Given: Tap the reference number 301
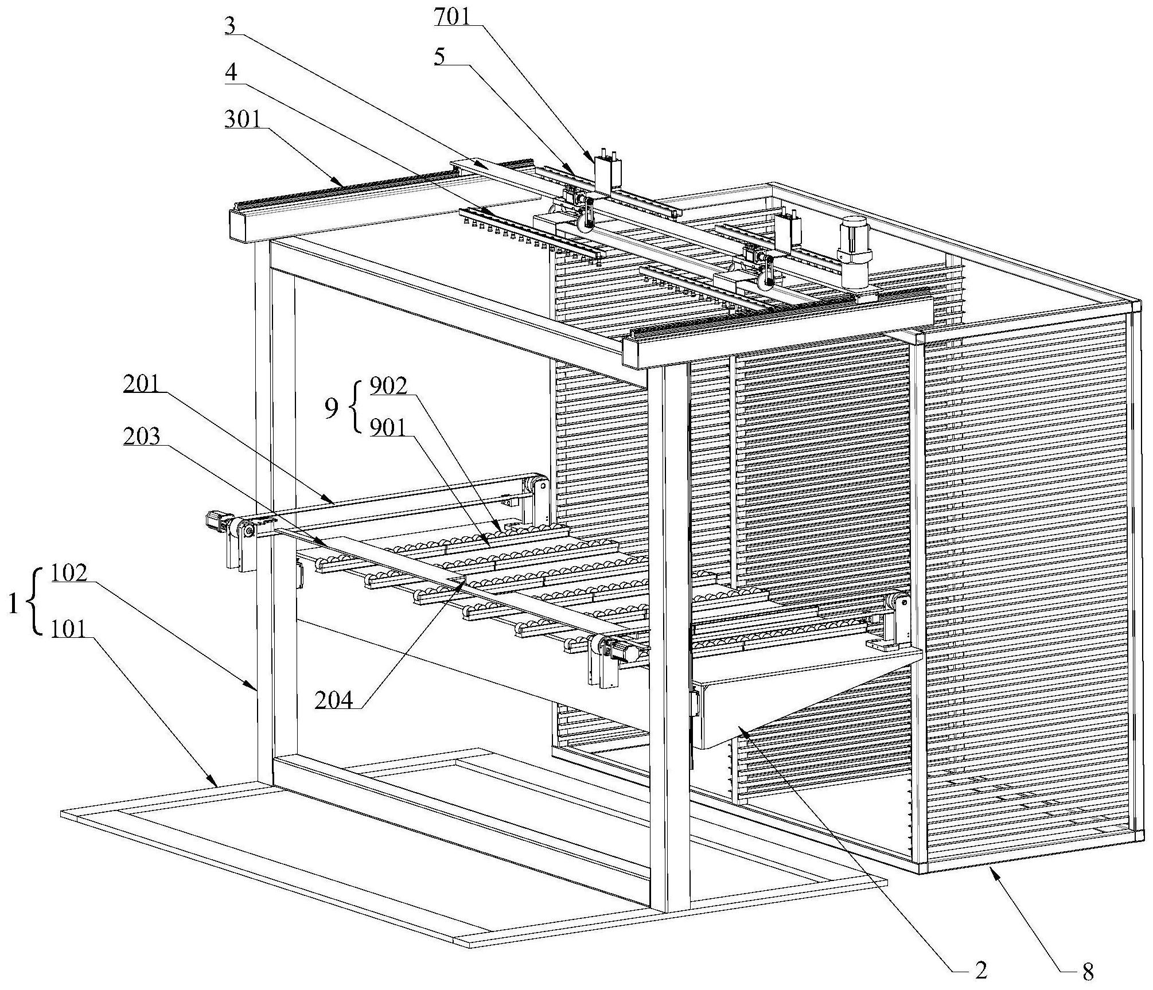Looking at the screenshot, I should coord(242,119).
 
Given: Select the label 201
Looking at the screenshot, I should coord(141,384).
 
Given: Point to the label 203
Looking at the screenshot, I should coord(141,436).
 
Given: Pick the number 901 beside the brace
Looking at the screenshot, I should coord(388,427).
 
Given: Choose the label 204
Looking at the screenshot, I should coord(334,700).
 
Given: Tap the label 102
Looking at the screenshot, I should coord(69,572).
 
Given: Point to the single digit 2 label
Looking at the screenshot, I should coord(981,970).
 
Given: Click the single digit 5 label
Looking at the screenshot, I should coord(440,59).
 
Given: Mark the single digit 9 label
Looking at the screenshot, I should coord(332,408).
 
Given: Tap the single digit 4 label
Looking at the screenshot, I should coord(231,73).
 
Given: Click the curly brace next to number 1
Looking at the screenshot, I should coord(36,601).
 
